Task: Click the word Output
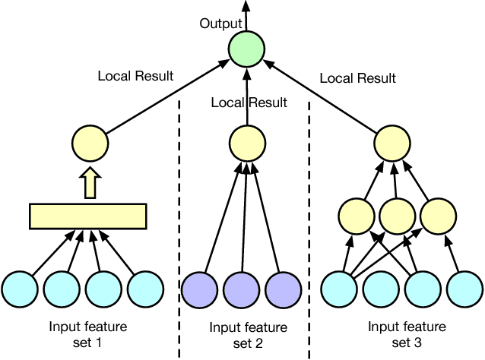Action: coord(220,24)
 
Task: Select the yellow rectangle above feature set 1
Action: coord(87,216)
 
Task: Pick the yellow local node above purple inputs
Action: coord(246,142)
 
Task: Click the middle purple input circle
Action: coord(241,288)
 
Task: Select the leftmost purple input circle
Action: coord(199,288)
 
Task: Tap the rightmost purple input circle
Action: coord(283,288)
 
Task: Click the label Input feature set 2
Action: coord(248,335)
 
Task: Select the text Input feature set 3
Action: coord(404,334)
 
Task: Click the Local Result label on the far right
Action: coord(357,78)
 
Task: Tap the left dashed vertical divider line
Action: coord(179,228)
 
